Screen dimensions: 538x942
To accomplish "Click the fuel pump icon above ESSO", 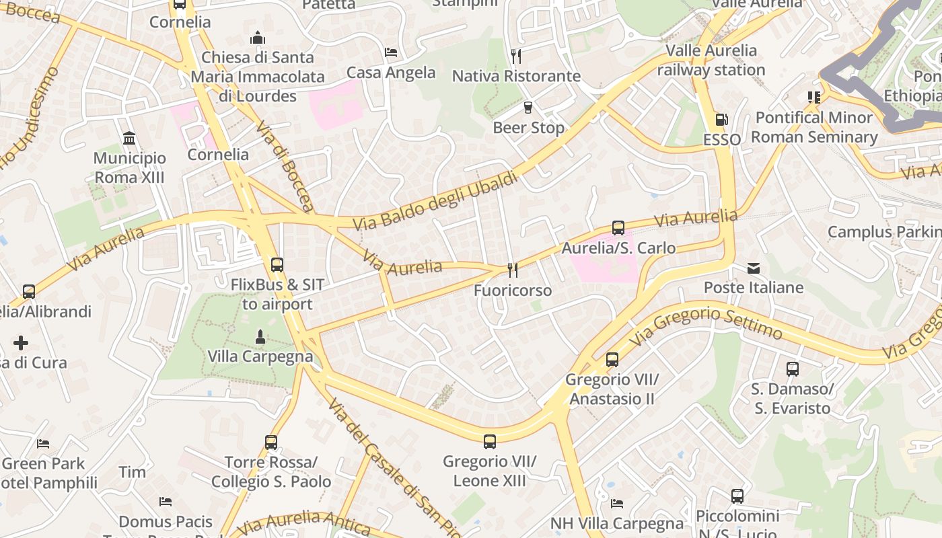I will click(721, 120).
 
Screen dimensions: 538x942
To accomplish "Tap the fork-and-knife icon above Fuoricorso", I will click(513, 270).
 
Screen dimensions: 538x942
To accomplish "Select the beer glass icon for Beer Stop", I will click(528, 107).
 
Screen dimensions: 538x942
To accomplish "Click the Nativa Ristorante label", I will click(516, 76).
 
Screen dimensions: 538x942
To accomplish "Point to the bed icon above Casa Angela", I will click(391, 52).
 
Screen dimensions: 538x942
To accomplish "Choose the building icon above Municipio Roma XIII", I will click(129, 139).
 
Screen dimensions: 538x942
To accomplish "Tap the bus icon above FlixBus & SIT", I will click(277, 264).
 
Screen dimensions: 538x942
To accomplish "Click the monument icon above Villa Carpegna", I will click(260, 336).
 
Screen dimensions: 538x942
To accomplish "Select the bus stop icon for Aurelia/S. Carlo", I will click(618, 228).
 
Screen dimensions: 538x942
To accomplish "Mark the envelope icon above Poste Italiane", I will click(754, 269).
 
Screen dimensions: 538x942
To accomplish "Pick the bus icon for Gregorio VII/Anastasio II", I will click(612, 360).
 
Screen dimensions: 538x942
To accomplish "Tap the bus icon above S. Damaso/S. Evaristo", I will click(793, 369).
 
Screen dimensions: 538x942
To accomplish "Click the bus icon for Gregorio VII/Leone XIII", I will click(489, 442).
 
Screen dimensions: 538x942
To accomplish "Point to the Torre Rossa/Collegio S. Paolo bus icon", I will click(271, 443).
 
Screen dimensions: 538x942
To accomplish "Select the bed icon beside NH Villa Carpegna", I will click(617, 503).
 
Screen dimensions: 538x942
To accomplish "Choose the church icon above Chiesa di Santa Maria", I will click(258, 38).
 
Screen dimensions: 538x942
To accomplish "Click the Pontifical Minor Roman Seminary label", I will click(814, 127).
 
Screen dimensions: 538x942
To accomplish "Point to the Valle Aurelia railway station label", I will click(711, 60).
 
